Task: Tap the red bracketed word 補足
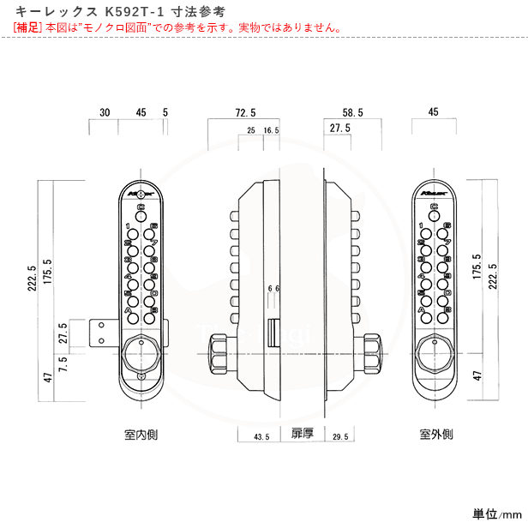(28, 27)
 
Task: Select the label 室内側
(140, 435)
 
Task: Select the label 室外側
(435, 435)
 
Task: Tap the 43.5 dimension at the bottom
(262, 437)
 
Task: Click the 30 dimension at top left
(105, 112)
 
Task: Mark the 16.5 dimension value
(272, 130)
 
